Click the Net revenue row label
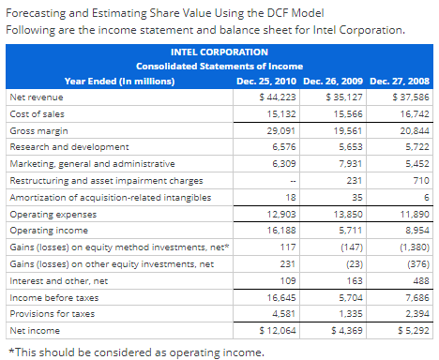[36, 97]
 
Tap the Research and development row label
[68, 147]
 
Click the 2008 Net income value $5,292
[411, 331]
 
